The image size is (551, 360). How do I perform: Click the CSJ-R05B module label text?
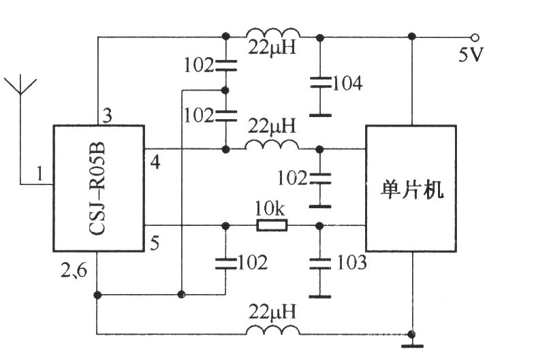point(97,189)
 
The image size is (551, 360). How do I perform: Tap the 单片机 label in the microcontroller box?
point(412,190)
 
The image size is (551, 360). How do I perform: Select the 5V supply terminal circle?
point(475,37)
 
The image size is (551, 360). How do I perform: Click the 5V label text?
point(471,54)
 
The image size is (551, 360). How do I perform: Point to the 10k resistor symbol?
point(272,225)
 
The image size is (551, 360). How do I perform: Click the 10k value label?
point(270,209)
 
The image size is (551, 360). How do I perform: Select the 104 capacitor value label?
point(347,84)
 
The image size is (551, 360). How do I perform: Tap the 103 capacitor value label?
point(351,263)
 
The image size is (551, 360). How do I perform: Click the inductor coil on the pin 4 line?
point(272,145)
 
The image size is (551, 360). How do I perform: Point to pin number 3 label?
point(107,116)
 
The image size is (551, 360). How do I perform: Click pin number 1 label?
point(40,174)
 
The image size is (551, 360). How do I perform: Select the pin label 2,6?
point(74,270)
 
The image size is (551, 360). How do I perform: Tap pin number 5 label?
point(155,243)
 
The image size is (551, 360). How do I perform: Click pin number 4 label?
point(155,163)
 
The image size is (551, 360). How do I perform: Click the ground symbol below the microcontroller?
point(412,342)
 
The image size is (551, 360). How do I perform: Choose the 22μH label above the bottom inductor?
point(272,312)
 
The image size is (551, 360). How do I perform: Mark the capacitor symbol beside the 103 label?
point(320,264)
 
